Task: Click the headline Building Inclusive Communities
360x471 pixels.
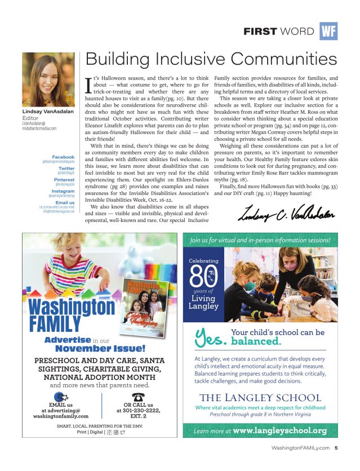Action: point(210,59)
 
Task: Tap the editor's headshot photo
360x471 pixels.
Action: point(48,81)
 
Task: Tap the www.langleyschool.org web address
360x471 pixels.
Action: point(280,431)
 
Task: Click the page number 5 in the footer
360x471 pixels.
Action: point(336,449)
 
